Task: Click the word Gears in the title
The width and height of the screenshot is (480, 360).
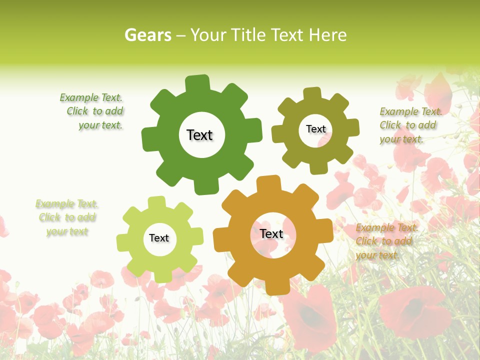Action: (147, 35)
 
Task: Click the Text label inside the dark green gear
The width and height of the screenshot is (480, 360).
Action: (199, 135)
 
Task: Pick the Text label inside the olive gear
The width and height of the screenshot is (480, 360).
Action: (315, 129)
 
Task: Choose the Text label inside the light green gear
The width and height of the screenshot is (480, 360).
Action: (159, 238)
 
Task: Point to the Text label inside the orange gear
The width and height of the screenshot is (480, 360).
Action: (271, 233)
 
